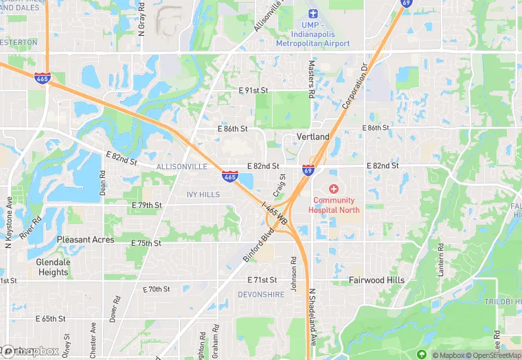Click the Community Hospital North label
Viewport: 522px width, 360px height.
(x=337, y=205)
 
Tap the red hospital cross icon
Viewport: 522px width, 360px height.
(x=334, y=189)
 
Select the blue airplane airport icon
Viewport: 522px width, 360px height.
(x=313, y=14)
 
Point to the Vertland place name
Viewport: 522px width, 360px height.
(x=313, y=137)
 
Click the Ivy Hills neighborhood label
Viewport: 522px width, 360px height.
(x=203, y=194)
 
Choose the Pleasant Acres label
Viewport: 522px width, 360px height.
(x=85, y=240)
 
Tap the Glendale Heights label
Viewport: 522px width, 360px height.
(x=54, y=267)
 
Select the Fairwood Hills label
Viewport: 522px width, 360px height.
(x=376, y=280)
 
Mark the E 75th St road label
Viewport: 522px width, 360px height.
(x=146, y=243)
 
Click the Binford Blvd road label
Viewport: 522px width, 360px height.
(x=258, y=245)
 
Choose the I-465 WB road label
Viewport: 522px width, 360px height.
(x=275, y=214)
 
